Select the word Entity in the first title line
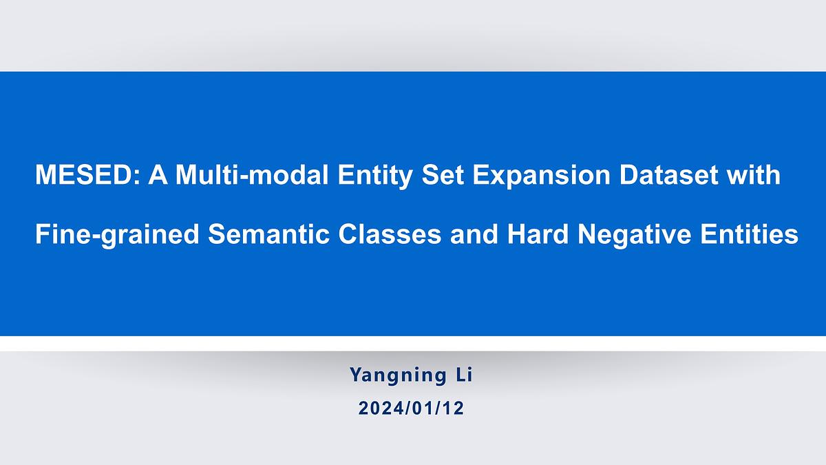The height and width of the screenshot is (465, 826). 375,176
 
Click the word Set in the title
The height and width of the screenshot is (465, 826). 443,174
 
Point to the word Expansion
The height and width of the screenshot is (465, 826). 542,176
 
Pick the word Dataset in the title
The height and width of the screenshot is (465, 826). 669,174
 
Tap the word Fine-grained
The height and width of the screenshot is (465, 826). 117,235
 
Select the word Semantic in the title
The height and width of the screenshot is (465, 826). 269,234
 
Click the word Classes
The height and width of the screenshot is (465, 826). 390,234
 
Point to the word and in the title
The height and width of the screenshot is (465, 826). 474,234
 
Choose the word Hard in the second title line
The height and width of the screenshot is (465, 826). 538,234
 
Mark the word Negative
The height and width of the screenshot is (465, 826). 634,235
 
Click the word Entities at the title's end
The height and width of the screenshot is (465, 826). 750,234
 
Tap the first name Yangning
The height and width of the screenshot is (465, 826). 398,375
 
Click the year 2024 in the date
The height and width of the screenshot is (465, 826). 380,408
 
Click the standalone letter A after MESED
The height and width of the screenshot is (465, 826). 158,174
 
